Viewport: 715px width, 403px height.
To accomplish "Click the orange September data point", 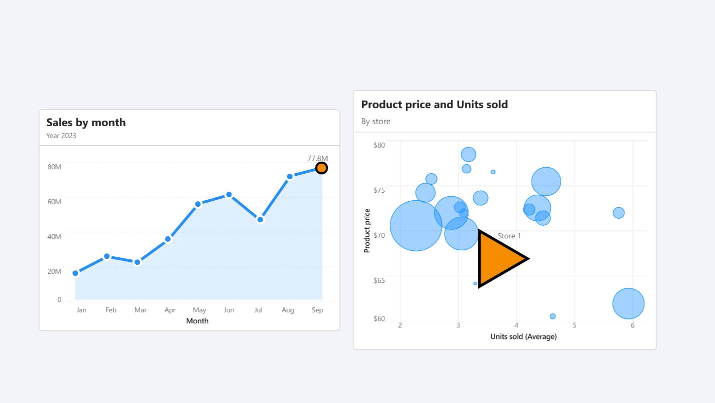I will pyautogui.click(x=321, y=168).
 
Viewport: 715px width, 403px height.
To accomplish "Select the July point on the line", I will pyautogui.click(x=260, y=219).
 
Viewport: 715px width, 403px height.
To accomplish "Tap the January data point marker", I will pyautogui.click(x=75, y=273).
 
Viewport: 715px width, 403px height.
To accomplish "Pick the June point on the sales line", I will pyautogui.click(x=229, y=195).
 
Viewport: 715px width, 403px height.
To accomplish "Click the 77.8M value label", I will pyautogui.click(x=317, y=158).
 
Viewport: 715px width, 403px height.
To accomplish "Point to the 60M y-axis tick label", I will pyautogui.click(x=54, y=202).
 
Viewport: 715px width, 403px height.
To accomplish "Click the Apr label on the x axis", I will pyautogui.click(x=170, y=310).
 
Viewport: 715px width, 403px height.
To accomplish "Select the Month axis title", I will pyautogui.click(x=197, y=321).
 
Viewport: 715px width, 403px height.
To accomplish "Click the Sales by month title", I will pyautogui.click(x=86, y=123).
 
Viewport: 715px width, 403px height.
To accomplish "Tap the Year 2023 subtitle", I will pyautogui.click(x=61, y=136).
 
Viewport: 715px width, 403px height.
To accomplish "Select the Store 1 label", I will pyautogui.click(x=509, y=236).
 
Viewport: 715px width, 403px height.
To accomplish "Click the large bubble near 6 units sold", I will pyautogui.click(x=628, y=304).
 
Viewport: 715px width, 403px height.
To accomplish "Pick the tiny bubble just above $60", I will pyautogui.click(x=552, y=316).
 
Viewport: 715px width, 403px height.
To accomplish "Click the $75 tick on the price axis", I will pyautogui.click(x=379, y=190).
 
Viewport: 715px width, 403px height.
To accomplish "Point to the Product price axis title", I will pyautogui.click(x=367, y=230).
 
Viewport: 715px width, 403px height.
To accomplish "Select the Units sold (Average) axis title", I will pyautogui.click(x=523, y=336).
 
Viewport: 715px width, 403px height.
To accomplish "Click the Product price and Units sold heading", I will pyautogui.click(x=434, y=105).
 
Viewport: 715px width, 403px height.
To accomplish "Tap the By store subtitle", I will pyautogui.click(x=376, y=122).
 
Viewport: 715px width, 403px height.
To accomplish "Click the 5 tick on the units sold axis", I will pyautogui.click(x=574, y=326).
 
